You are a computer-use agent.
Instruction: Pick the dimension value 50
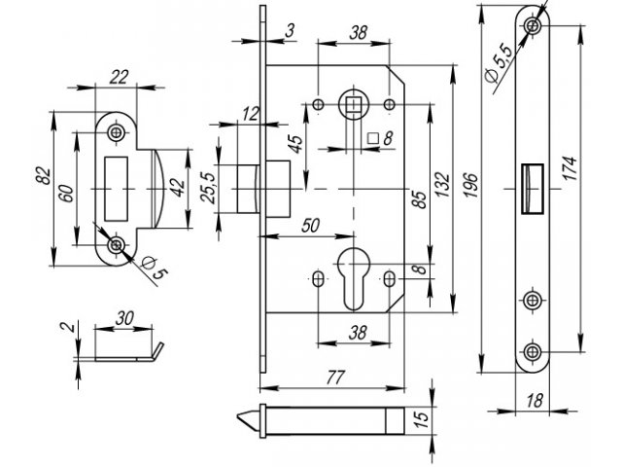[x=312, y=226]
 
